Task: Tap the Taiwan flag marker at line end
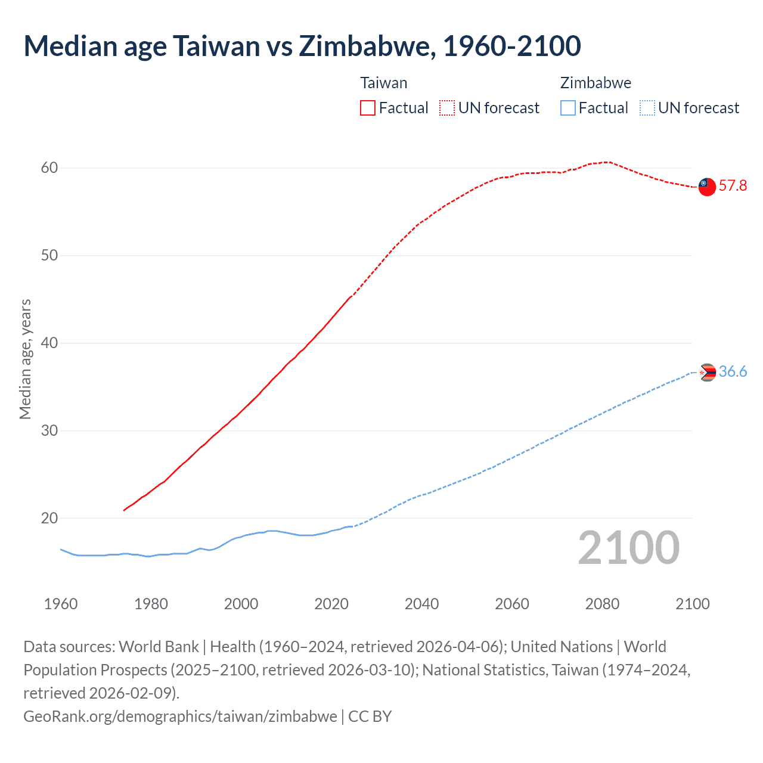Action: [x=706, y=187]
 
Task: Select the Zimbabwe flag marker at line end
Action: [x=707, y=373]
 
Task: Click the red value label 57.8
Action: [x=733, y=186]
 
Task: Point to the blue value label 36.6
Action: [x=733, y=372]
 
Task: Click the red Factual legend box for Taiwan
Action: [x=368, y=108]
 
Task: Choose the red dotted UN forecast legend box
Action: [x=447, y=108]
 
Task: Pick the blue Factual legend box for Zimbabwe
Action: [x=567, y=108]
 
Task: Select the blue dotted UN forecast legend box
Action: [x=647, y=108]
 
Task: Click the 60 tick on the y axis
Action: [x=49, y=168]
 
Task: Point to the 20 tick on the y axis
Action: [x=49, y=519]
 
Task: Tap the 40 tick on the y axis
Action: [x=49, y=343]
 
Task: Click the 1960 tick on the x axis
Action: [x=61, y=604]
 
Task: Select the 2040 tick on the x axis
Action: [x=421, y=604]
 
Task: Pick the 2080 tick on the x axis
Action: [x=602, y=604]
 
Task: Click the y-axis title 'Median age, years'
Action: [x=25, y=359]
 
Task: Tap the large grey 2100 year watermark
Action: [x=628, y=548]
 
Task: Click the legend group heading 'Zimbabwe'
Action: [x=595, y=83]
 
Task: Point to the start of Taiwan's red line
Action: [x=124, y=510]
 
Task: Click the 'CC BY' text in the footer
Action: [x=370, y=716]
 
